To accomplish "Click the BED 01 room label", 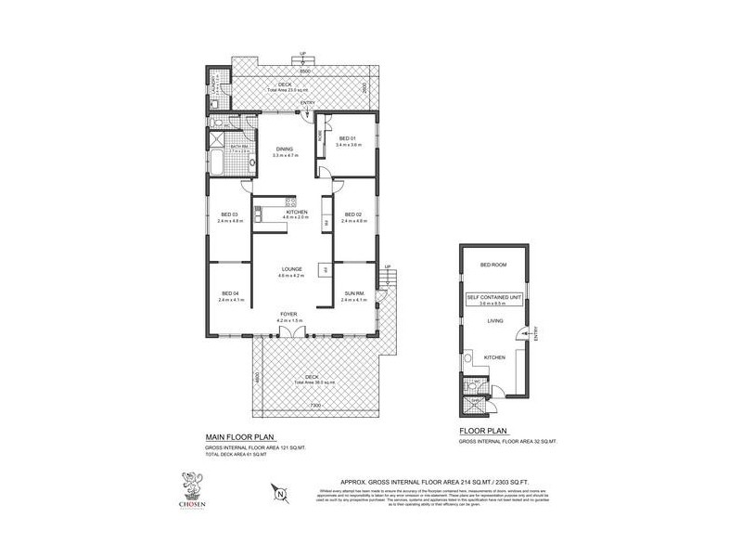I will [x=348, y=139].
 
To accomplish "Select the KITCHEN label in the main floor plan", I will [x=296, y=214].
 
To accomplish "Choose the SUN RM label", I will [x=354, y=294].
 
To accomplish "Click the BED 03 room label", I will [x=228, y=215].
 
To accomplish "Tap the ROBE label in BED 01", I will [x=320, y=134].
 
